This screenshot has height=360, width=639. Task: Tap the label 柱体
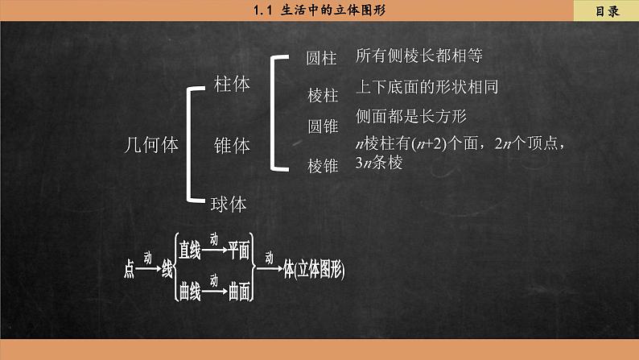[232, 84]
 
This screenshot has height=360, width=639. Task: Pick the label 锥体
[232, 146]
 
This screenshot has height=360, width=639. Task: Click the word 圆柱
[323, 59]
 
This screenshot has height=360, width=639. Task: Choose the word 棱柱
[323, 96]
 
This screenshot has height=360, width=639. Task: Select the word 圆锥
[323, 126]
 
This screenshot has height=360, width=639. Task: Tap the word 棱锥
[323, 166]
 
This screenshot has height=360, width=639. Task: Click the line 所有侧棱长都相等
[418, 56]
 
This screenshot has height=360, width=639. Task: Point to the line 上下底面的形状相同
[432, 87]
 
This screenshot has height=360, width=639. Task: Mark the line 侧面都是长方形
[411, 116]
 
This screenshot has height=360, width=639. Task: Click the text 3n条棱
[378, 162]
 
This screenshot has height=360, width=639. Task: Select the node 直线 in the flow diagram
[190, 250]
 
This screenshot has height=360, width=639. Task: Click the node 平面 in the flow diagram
[239, 250]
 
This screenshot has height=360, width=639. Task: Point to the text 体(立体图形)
[314, 270]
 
